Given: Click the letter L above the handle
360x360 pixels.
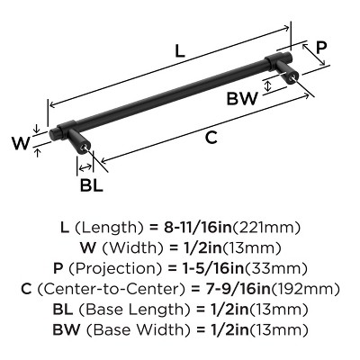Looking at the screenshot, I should [179, 52].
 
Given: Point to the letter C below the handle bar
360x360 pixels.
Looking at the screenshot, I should [210, 137].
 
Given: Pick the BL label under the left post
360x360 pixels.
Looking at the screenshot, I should [92, 186].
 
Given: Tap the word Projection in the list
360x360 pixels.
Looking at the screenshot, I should [120, 268].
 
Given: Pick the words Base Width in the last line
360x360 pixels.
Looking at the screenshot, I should [139, 329].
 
